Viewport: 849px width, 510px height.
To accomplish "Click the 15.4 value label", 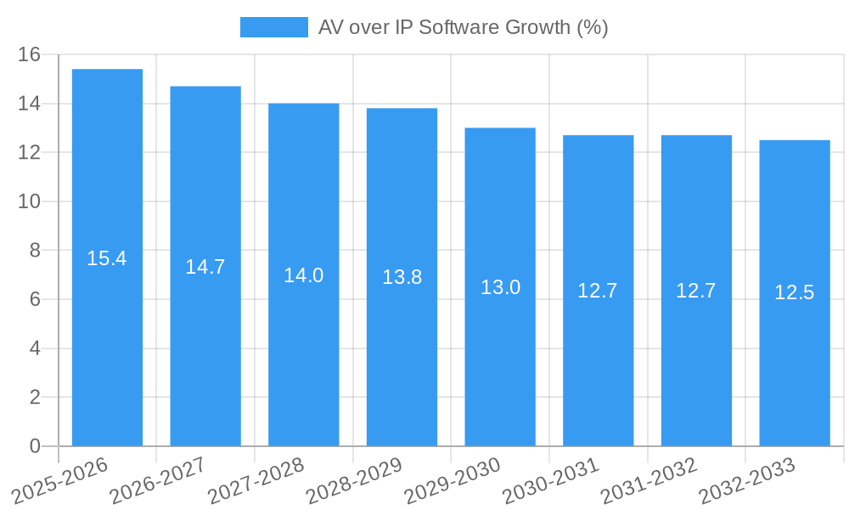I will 107,258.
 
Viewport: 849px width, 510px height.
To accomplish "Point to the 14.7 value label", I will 205,267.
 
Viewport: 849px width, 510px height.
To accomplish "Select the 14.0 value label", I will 303,275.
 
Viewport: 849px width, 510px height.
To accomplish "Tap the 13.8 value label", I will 402,277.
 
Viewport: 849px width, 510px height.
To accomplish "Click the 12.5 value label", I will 795,293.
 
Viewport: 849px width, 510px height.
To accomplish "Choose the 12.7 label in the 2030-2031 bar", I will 598,291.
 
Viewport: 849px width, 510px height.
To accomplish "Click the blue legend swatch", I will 273,27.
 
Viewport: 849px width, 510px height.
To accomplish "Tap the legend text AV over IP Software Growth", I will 463,27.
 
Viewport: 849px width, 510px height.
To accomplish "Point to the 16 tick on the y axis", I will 30,54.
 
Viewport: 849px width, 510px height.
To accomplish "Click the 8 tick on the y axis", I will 35,251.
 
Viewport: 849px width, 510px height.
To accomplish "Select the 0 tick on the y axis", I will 35,446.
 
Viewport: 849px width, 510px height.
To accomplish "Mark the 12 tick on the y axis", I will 30,153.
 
